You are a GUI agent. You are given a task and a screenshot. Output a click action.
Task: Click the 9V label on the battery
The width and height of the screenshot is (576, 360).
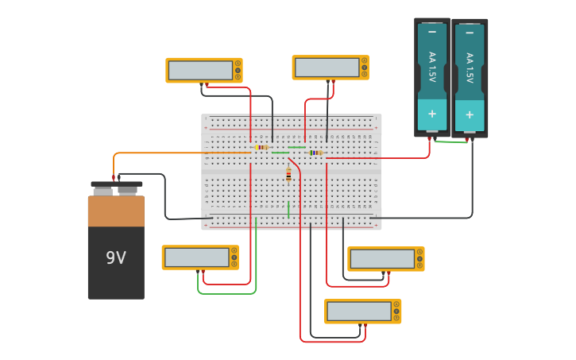(116, 257)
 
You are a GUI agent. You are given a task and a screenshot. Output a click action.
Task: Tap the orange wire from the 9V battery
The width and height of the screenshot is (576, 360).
(159, 153)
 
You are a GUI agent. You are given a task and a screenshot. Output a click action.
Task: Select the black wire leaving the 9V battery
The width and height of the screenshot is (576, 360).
(165, 199)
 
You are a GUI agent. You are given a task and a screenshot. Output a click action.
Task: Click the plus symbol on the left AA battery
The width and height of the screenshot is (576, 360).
(432, 114)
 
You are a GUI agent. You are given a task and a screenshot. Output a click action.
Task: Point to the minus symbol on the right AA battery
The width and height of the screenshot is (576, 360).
(470, 33)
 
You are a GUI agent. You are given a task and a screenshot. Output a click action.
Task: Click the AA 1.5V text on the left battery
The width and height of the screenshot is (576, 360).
(432, 68)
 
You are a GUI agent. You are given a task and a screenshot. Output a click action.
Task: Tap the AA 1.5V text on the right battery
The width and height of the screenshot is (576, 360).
(470, 68)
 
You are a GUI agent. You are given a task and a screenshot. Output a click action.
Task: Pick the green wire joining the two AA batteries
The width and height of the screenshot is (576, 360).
(450, 142)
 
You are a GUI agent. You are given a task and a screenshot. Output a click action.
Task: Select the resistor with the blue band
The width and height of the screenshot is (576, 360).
(316, 153)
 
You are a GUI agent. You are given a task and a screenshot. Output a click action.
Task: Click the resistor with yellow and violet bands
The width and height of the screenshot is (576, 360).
(262, 147)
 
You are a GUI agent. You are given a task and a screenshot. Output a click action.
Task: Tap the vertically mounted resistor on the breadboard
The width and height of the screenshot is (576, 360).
(288, 175)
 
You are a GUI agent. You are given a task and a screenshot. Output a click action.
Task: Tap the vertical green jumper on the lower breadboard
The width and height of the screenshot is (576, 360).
(288, 209)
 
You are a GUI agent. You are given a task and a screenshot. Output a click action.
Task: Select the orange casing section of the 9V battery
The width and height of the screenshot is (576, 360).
(116, 211)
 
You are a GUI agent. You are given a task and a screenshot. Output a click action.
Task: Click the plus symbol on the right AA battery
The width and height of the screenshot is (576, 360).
(470, 114)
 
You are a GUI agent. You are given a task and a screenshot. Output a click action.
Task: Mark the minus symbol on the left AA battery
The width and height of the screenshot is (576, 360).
(432, 32)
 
